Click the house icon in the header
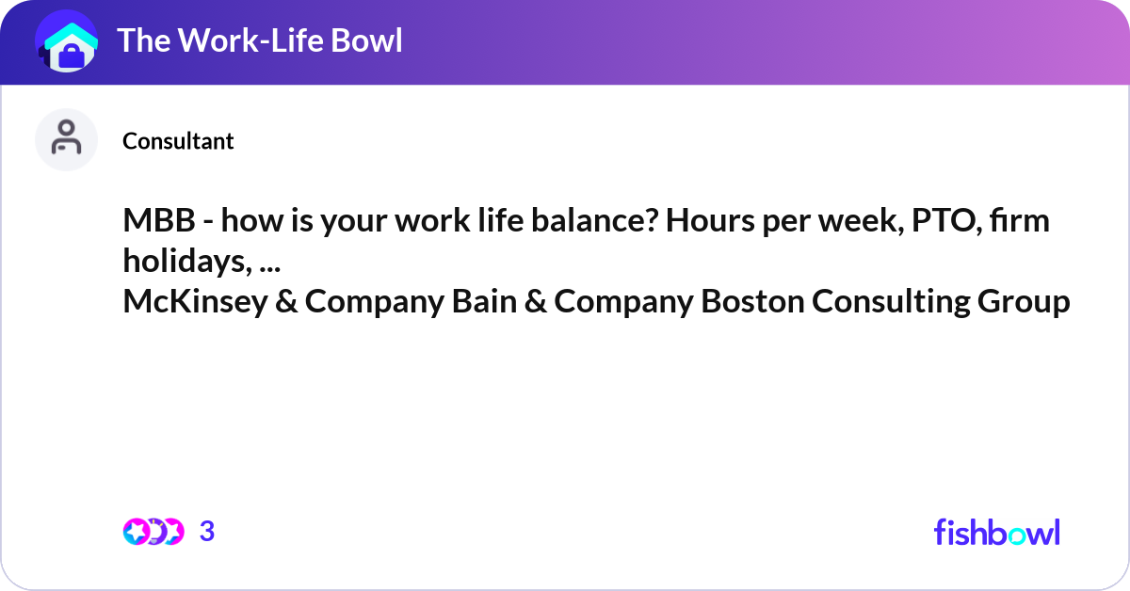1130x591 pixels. point(67,42)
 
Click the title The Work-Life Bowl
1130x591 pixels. point(259,40)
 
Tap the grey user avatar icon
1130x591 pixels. point(66,139)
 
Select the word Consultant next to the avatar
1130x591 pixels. point(178,141)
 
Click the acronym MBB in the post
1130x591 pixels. point(155,223)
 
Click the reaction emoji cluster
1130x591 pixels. point(153,532)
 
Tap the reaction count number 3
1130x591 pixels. point(207,532)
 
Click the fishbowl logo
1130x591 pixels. point(996,532)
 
